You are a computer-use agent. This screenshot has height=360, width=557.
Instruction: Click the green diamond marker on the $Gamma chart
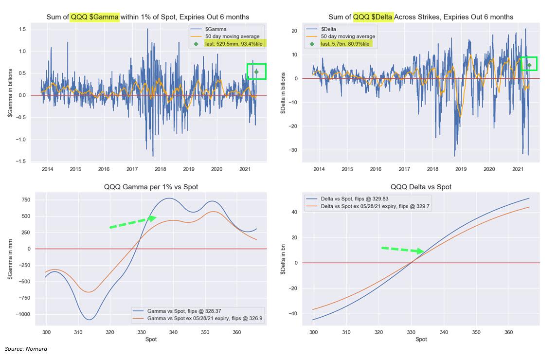pos(256,72)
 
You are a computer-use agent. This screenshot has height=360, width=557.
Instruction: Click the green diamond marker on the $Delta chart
pos(529,65)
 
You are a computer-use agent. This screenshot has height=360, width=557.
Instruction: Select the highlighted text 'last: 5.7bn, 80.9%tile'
pos(346,44)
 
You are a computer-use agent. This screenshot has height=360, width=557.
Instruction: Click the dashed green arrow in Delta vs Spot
pos(403,250)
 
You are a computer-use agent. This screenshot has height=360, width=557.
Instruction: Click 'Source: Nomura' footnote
pos(26,349)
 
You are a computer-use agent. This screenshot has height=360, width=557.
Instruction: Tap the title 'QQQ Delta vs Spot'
pos(421,187)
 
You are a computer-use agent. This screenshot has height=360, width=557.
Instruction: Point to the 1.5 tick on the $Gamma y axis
pos(22,29)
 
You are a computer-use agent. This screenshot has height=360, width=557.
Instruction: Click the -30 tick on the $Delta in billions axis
pos(293,150)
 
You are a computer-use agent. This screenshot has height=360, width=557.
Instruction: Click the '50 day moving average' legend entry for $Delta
pos(348,36)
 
